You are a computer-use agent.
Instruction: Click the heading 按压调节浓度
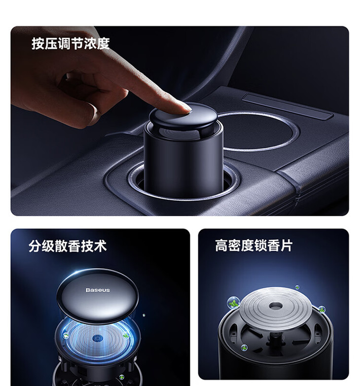point(71,43)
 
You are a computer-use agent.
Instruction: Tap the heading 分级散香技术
point(68,246)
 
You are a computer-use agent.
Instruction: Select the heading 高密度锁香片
point(254,246)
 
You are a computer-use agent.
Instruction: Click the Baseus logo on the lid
point(98,290)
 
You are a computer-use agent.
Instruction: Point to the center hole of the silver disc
point(276,306)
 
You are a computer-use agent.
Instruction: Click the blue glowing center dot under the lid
point(98,339)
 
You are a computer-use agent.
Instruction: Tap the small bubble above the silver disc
point(297,287)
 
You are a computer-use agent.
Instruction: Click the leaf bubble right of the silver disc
point(322,309)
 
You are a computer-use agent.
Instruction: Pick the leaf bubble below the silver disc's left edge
point(244,348)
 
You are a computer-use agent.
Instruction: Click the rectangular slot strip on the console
point(288,106)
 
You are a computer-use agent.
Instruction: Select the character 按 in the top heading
point(37,43)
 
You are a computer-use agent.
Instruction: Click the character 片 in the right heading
point(287,246)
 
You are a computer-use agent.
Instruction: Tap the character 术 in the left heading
point(101,246)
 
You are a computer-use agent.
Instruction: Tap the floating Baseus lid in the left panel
point(98,296)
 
